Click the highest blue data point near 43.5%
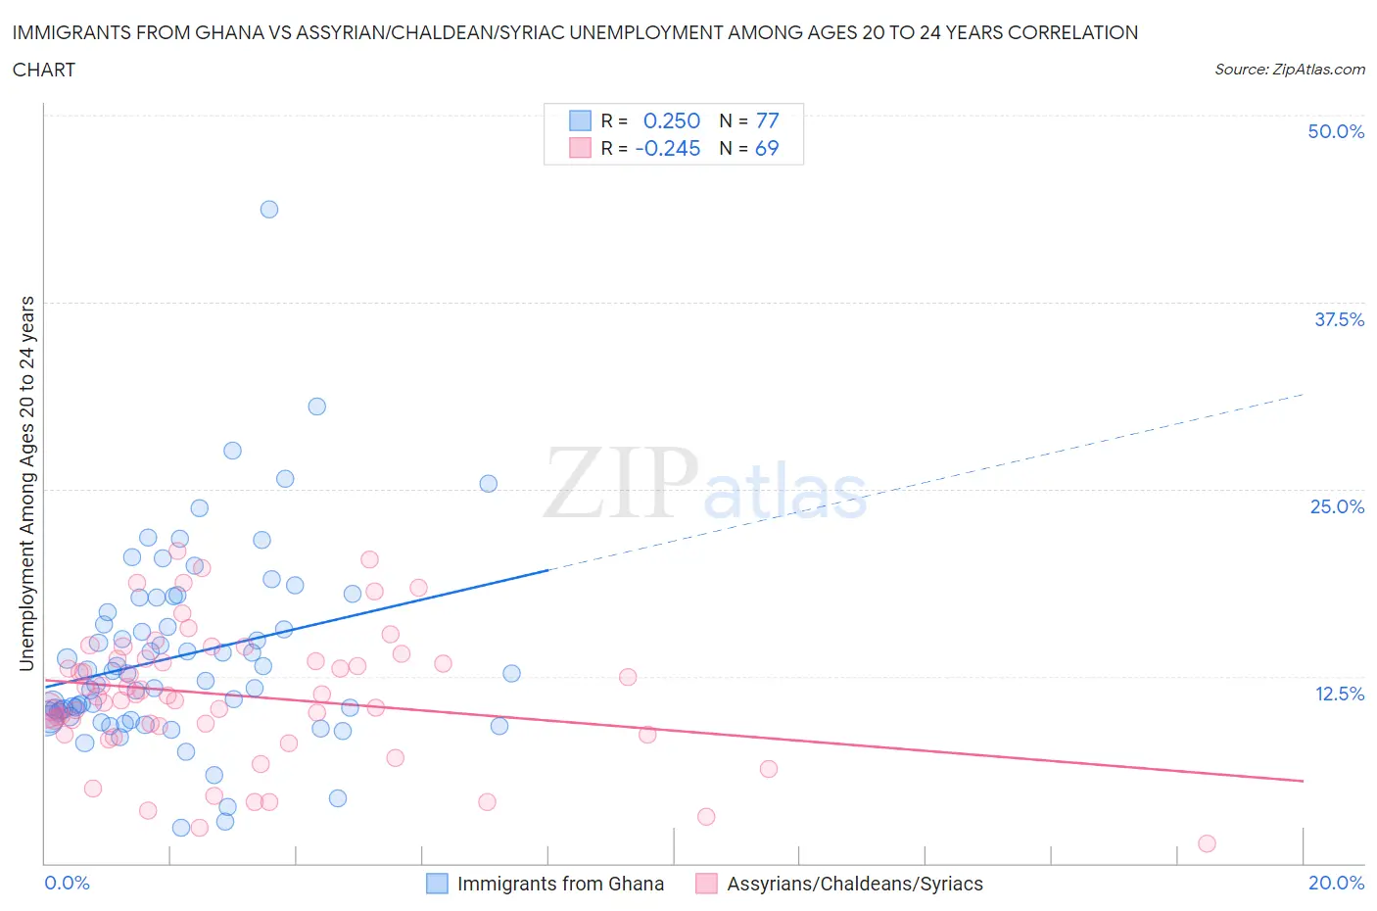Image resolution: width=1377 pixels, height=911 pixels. coord(269,210)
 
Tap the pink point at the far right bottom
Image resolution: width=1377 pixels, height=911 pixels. coord(1207,843)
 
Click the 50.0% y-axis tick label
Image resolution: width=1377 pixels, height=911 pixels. coord(1336,131)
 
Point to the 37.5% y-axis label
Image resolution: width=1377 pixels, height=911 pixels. coord(1339,319)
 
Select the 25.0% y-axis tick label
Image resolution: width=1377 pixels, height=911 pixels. coord(1337,506)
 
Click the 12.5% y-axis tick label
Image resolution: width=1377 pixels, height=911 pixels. coord(1339,694)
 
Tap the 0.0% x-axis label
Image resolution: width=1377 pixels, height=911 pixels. coord(67,883)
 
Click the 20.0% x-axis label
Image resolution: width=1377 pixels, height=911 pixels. coord(1336,883)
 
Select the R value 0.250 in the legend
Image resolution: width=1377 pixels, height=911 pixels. coord(671,120)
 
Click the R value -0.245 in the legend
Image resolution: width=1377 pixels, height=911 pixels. coord(668,148)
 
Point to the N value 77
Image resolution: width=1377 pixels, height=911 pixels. coord(767,120)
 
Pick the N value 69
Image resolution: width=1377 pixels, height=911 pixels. coord(767,148)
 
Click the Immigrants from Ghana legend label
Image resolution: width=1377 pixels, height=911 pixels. coord(560,884)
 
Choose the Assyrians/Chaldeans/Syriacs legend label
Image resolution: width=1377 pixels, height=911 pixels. coord(854,884)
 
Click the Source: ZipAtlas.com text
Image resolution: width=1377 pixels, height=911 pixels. coord(1289,69)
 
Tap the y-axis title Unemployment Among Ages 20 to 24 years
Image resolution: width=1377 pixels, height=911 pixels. coord(26,483)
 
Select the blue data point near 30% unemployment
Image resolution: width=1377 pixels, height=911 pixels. coord(316,407)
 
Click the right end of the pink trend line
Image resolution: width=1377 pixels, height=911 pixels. coord(1303,781)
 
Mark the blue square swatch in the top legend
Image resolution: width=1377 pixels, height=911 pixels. coord(580,120)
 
